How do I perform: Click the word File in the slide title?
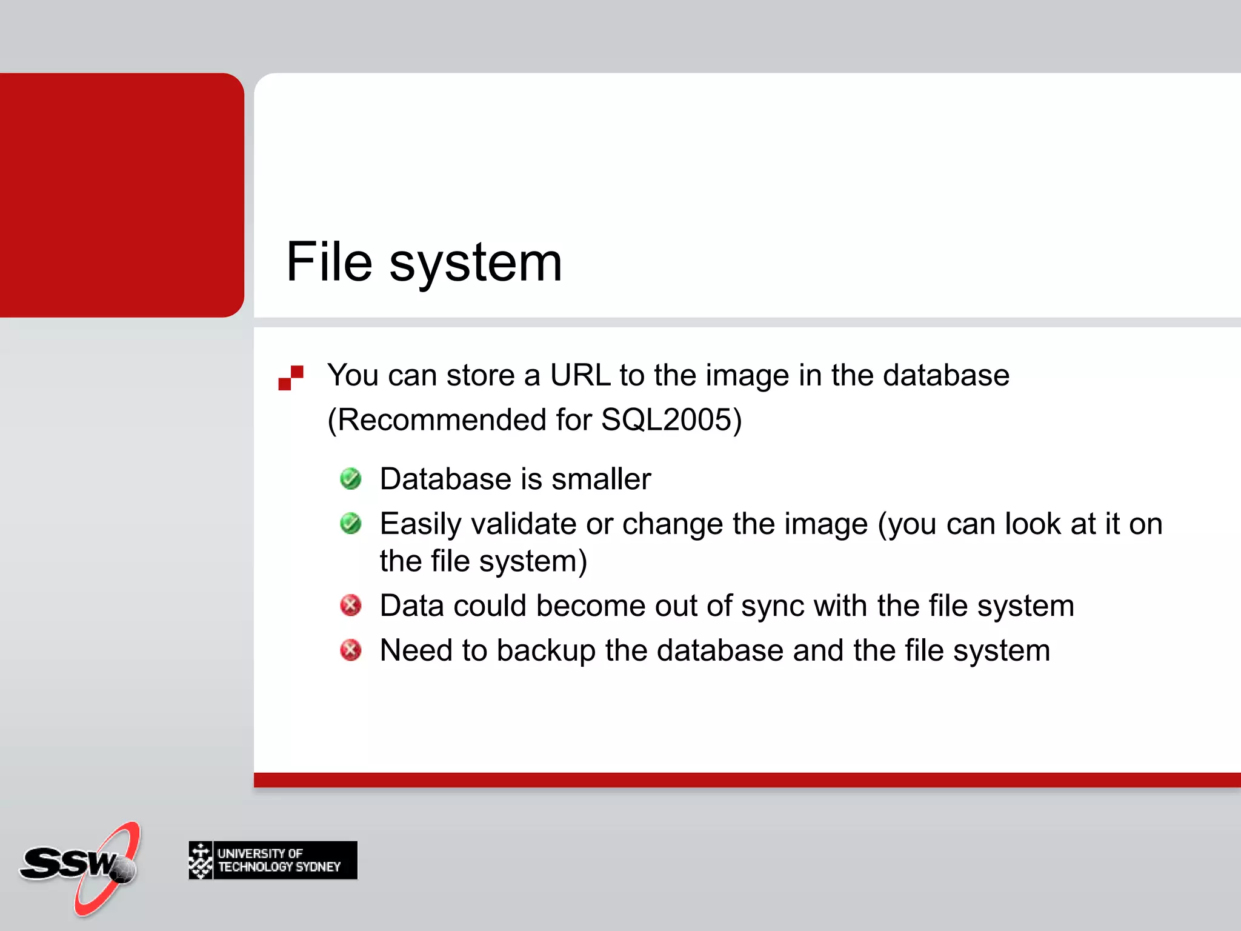click(x=329, y=262)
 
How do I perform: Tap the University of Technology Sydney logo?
click(x=273, y=860)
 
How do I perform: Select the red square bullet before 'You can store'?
click(x=291, y=378)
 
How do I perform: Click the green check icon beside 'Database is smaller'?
click(x=351, y=479)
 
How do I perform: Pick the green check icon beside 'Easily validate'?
click(x=351, y=524)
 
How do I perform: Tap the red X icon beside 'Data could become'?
click(x=351, y=605)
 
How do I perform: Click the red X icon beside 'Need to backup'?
click(x=351, y=650)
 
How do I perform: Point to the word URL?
click(x=580, y=375)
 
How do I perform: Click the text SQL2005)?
click(x=671, y=420)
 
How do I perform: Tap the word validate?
click(x=524, y=524)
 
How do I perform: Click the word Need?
click(x=416, y=650)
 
